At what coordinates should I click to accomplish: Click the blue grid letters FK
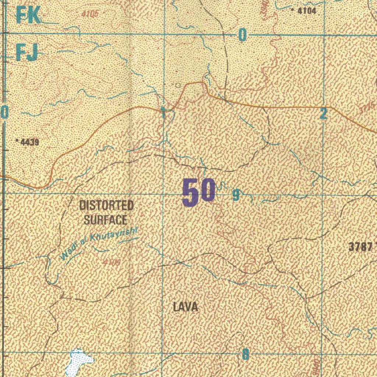[x=28, y=15]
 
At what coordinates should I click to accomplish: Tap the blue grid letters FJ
[x=27, y=53]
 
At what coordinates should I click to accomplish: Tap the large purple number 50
[x=199, y=192]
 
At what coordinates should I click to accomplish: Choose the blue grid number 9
[x=236, y=195]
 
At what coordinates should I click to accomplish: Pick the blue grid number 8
[x=245, y=355]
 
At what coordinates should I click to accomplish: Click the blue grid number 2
[x=323, y=114]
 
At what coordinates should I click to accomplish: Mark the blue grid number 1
[x=163, y=112]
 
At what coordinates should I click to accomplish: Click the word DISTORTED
[x=106, y=205]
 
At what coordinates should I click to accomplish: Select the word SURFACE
[x=105, y=220]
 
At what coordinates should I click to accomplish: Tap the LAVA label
[x=186, y=307]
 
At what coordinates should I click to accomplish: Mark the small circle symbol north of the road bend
[x=179, y=85]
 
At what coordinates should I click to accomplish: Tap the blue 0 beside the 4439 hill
[x=4, y=112]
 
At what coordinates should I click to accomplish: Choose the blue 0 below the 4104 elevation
[x=242, y=35]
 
